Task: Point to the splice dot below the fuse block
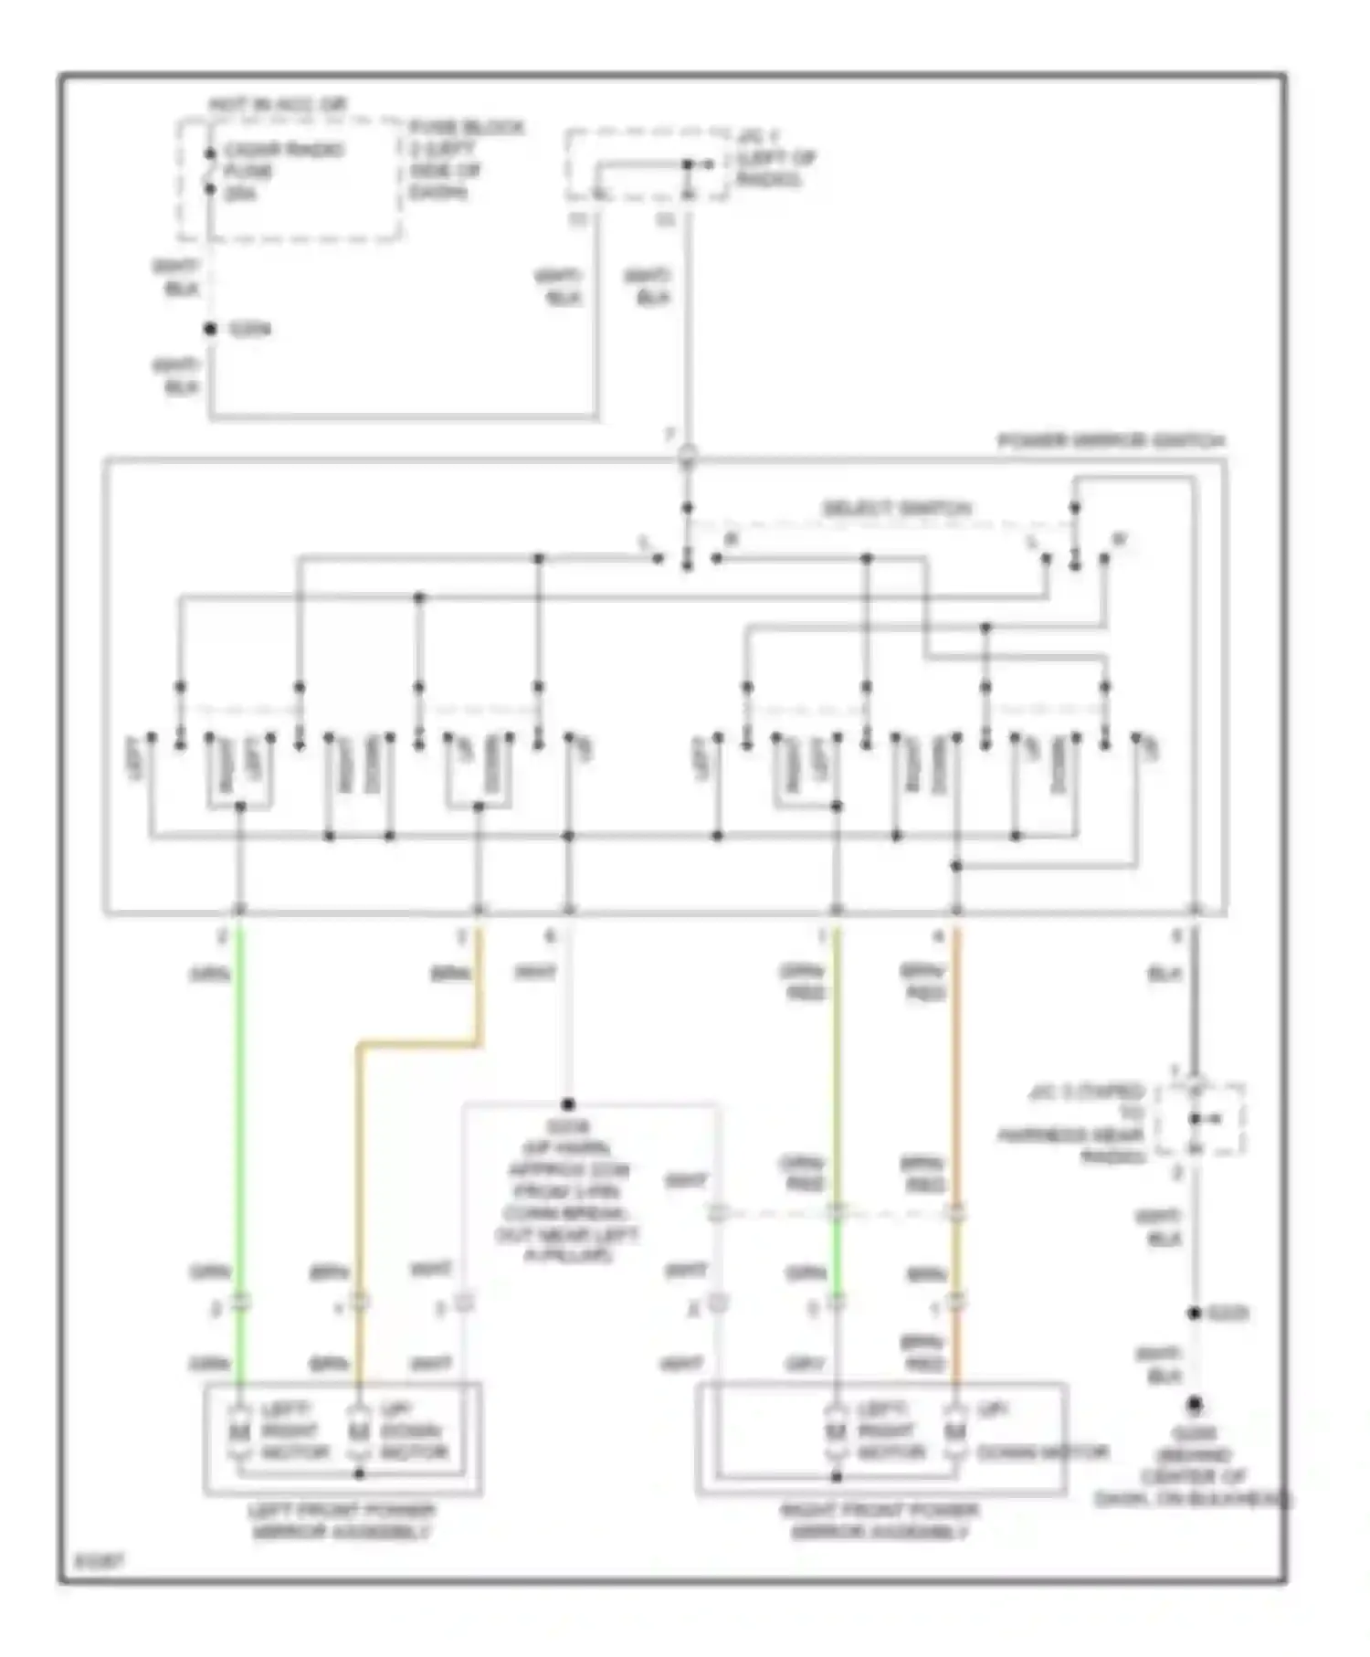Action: point(210,329)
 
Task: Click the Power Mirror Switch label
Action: point(1110,441)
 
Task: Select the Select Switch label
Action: point(896,508)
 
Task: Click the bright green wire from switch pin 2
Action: point(240,1096)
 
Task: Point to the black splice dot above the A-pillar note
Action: point(568,1104)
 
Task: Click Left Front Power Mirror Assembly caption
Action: point(342,1522)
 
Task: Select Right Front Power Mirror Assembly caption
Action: point(880,1522)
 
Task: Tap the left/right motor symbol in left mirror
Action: point(240,1431)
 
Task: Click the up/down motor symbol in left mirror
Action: point(359,1431)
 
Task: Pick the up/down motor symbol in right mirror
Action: point(955,1431)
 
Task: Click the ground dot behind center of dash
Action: point(1194,1405)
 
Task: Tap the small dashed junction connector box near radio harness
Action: point(1199,1120)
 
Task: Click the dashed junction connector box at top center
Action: point(647,165)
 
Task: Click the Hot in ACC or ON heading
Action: point(278,105)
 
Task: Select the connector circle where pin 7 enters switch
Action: point(688,456)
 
